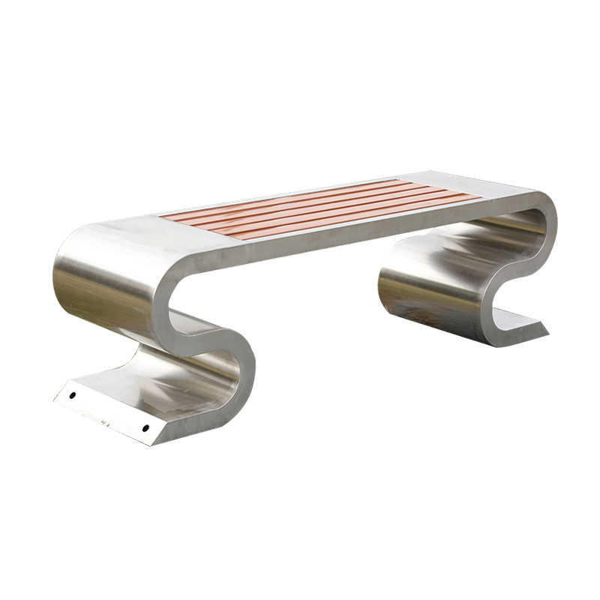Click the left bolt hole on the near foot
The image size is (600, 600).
tap(73, 394)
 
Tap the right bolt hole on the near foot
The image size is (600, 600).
tap(145, 428)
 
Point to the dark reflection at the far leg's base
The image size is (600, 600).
tap(420, 315)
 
